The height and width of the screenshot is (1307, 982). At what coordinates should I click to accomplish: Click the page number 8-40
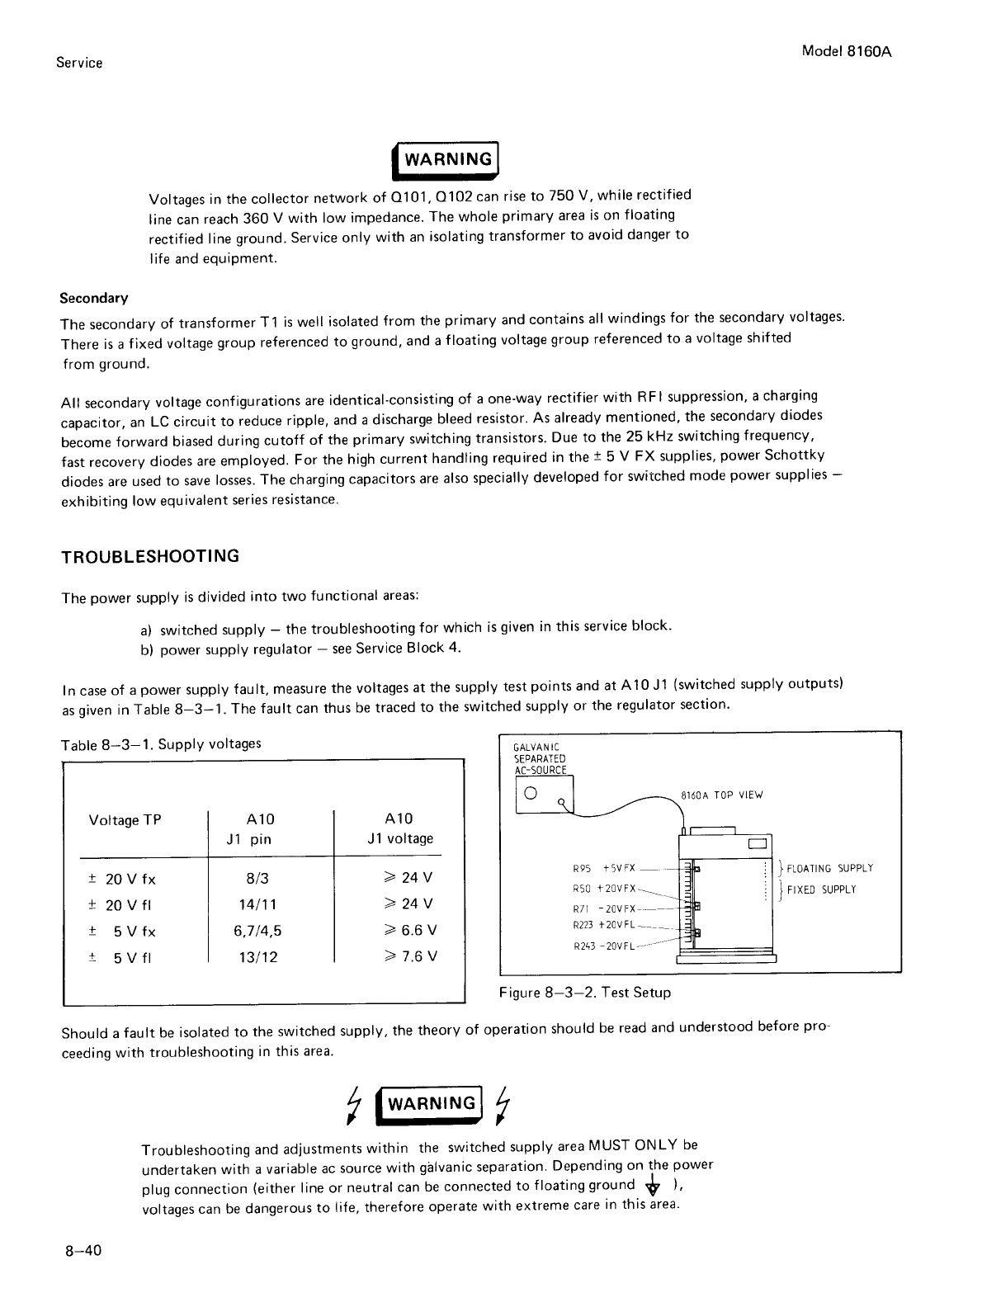(x=83, y=1251)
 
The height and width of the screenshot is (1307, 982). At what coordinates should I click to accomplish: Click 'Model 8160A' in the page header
(x=848, y=50)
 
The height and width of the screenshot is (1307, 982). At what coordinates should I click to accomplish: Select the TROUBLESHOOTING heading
(x=150, y=556)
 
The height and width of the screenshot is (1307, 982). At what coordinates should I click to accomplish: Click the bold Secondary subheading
(x=94, y=297)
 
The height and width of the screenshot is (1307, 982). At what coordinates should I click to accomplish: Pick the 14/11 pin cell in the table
(x=260, y=905)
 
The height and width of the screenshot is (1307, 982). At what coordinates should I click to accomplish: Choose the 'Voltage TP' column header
(x=125, y=820)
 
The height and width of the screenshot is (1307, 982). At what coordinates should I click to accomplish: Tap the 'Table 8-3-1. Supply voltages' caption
(x=162, y=744)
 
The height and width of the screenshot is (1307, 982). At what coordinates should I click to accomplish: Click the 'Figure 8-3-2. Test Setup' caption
(x=584, y=993)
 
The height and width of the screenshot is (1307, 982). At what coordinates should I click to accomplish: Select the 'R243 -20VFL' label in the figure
(x=603, y=946)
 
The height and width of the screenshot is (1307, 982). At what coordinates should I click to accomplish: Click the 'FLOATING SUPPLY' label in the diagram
(x=829, y=868)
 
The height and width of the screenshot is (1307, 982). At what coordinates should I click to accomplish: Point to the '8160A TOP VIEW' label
(x=722, y=795)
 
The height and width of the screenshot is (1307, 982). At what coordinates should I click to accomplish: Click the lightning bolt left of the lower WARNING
(x=355, y=1106)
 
